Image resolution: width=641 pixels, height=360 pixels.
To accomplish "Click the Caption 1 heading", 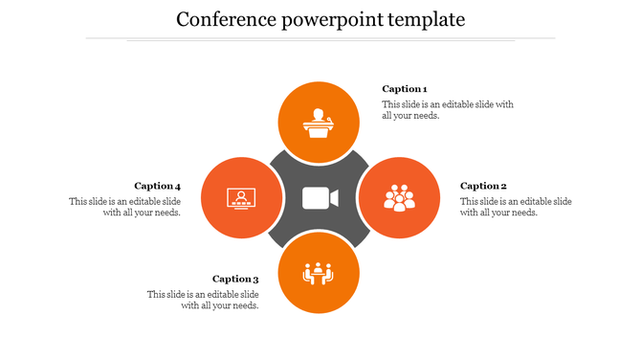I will [x=404, y=89].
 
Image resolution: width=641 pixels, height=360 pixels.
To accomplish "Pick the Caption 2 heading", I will [x=483, y=186].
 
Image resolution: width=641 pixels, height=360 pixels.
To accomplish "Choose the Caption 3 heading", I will [x=235, y=279].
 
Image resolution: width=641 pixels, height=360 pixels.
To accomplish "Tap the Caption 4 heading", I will [x=157, y=186].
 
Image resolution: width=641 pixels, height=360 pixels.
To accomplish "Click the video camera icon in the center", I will [x=320, y=198].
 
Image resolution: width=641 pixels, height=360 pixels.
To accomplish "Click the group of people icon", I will [x=399, y=198].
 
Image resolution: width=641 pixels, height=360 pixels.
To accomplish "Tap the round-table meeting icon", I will [x=318, y=274].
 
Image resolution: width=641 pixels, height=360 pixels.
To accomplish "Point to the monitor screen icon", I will [x=240, y=198].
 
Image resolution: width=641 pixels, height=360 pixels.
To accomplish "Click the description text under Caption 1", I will [x=448, y=110].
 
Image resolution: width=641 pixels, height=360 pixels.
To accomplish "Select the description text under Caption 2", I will [x=516, y=207].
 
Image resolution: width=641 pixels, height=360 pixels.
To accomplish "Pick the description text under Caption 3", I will [x=203, y=300].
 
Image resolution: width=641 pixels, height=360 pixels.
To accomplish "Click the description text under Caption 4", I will [x=124, y=207].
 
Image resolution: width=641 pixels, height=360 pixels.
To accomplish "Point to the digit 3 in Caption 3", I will [x=255, y=279].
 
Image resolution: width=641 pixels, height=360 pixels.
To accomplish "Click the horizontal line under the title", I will [x=320, y=39].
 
